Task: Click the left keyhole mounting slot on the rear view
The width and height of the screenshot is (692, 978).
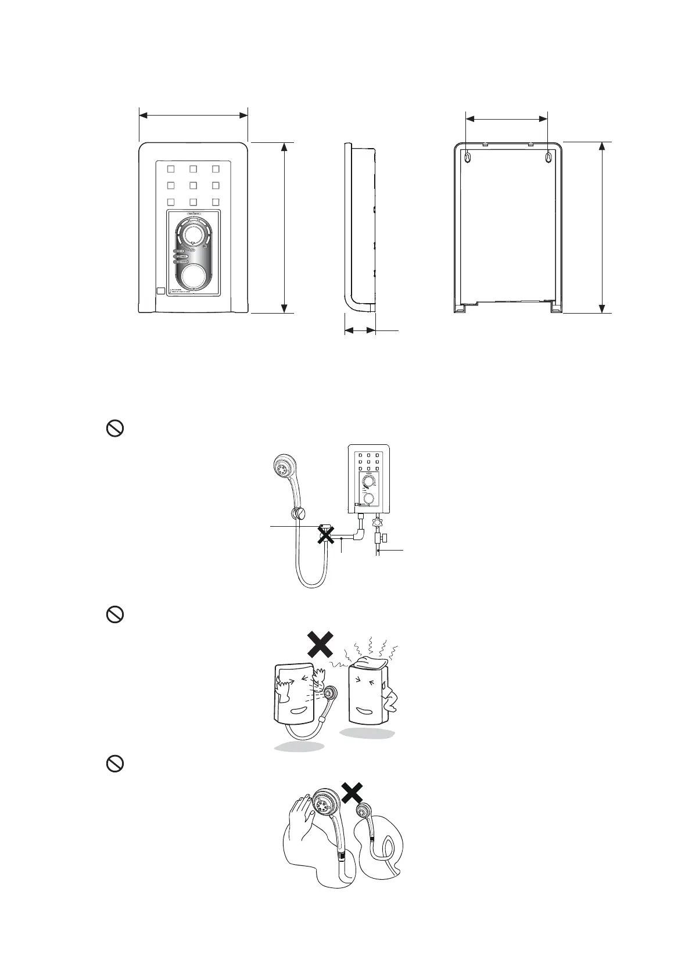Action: pyautogui.click(x=467, y=157)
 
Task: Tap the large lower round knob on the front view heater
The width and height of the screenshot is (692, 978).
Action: pyautogui.click(x=193, y=277)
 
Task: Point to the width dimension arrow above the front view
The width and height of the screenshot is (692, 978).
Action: pyautogui.click(x=193, y=116)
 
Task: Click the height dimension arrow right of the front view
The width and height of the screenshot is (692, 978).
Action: pyautogui.click(x=284, y=227)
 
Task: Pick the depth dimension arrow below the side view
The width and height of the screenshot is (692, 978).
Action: pyautogui.click(x=360, y=330)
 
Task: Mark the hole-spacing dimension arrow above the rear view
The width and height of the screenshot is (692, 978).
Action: pyautogui.click(x=507, y=119)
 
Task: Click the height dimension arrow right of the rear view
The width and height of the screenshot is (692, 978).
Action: pyautogui.click(x=603, y=227)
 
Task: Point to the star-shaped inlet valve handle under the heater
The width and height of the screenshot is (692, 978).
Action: pyautogui.click(x=377, y=522)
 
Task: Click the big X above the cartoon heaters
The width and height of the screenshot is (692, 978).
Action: pyautogui.click(x=320, y=645)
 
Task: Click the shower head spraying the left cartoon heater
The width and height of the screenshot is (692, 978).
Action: pyautogui.click(x=331, y=695)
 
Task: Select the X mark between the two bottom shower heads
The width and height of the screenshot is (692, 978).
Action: pyautogui.click(x=352, y=793)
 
